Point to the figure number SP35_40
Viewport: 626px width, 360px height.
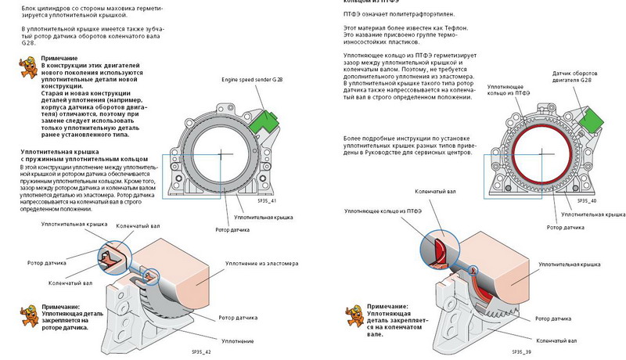(587, 200)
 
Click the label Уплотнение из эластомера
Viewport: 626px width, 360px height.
(261, 264)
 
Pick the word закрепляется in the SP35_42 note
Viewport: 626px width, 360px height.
(63, 321)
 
